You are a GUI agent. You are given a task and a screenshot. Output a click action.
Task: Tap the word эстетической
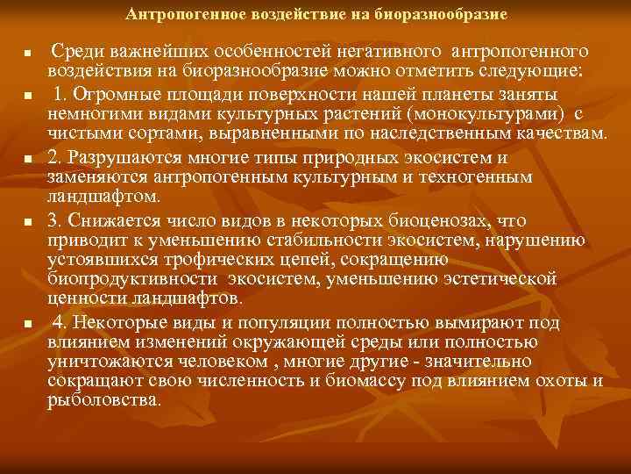pyautogui.click(x=501, y=280)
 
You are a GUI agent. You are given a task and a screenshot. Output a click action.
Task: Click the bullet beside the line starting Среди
pyautogui.click(x=28, y=54)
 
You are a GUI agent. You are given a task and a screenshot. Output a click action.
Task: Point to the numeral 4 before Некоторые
pyautogui.click(x=58, y=322)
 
